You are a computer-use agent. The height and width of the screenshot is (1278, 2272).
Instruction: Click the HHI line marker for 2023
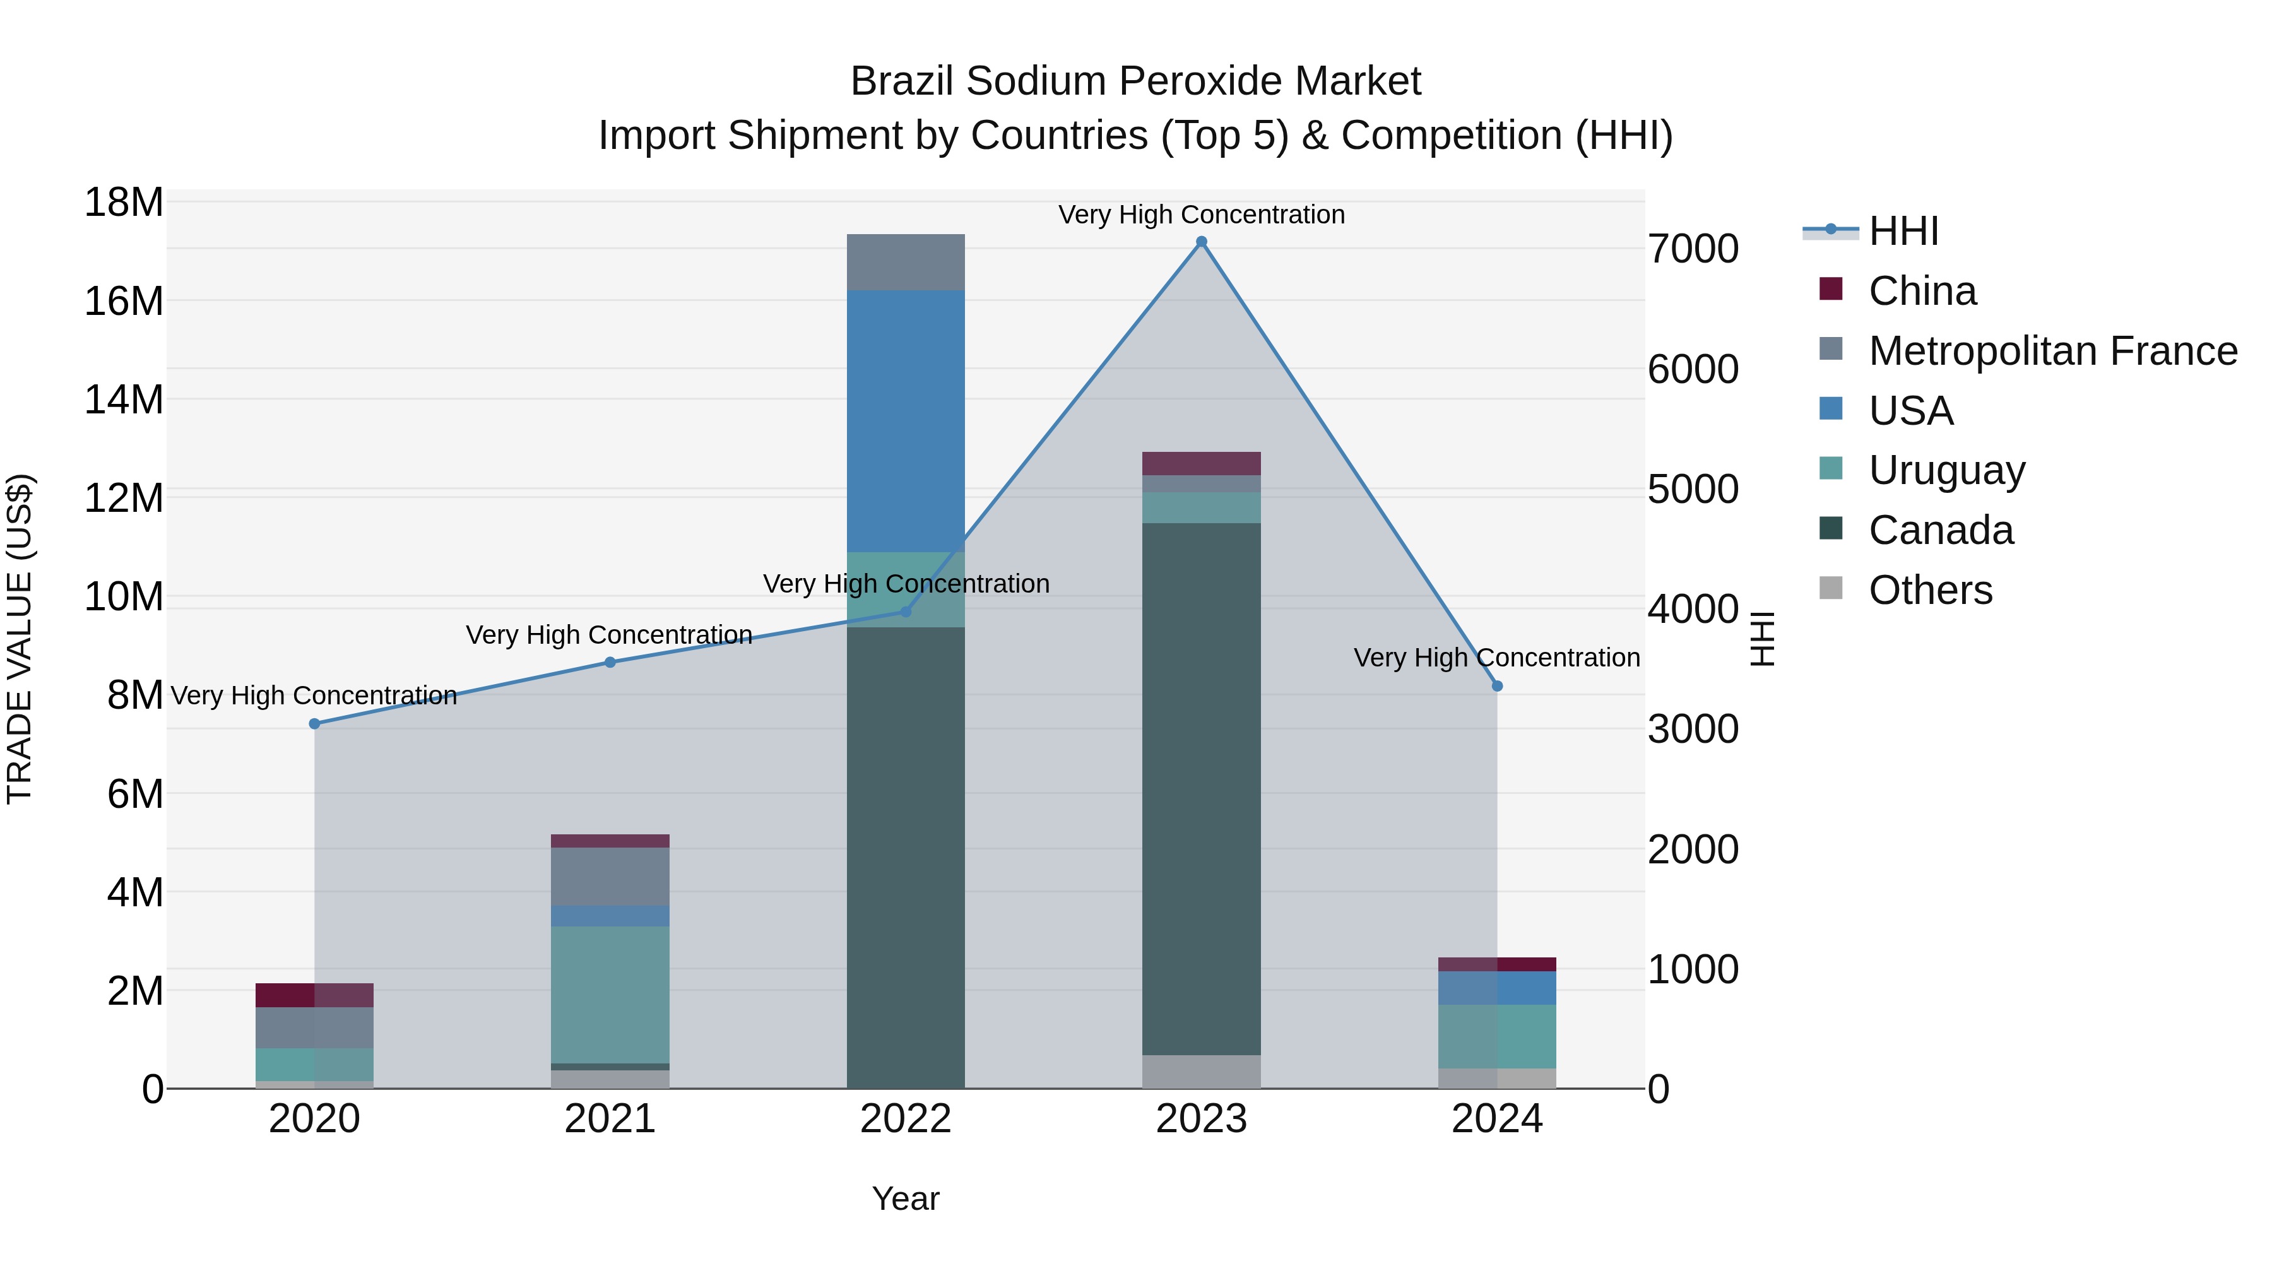(x=1201, y=242)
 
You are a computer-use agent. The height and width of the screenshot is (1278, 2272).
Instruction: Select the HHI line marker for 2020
(x=315, y=723)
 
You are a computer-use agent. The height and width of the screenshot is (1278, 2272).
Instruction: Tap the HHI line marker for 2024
(x=1497, y=685)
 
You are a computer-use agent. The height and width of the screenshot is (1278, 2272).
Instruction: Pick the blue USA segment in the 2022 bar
(x=906, y=421)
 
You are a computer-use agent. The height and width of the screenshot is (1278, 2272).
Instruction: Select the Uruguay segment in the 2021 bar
(x=610, y=994)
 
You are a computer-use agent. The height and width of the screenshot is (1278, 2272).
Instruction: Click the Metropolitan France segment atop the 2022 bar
(x=906, y=262)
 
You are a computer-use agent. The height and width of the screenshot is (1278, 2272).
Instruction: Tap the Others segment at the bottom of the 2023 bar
(x=1201, y=1071)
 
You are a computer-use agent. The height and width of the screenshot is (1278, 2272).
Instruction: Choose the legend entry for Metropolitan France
(x=2052, y=350)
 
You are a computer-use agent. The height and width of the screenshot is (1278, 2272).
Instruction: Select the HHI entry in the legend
(x=1903, y=231)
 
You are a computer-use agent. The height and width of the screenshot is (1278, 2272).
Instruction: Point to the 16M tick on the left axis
(x=124, y=302)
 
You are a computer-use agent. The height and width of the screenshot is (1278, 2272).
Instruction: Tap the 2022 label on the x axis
(x=906, y=1119)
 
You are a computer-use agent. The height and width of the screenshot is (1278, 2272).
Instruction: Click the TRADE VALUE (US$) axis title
(x=20, y=639)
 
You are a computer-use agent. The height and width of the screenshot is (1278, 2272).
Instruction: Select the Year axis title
(x=906, y=1198)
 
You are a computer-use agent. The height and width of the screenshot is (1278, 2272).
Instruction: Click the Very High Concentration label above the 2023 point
(x=1201, y=215)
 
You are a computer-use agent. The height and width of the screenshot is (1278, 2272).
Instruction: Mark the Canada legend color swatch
(x=1831, y=530)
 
